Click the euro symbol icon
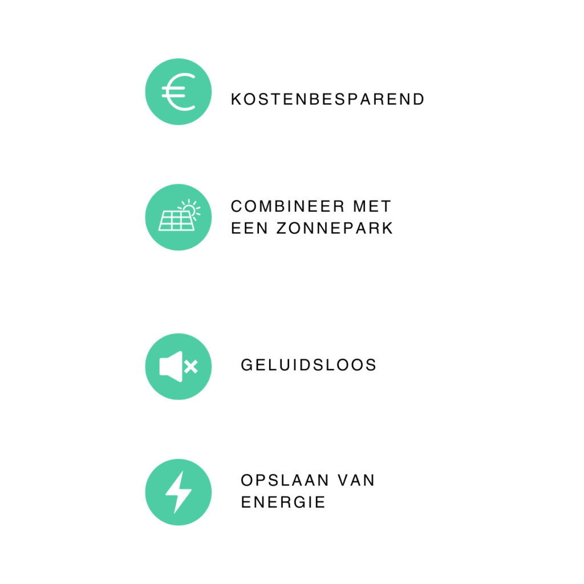[x=179, y=92]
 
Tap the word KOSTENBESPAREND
[x=328, y=99]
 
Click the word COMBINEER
[x=287, y=206]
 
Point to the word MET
[x=372, y=206]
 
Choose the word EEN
[x=249, y=228]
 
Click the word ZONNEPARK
[x=334, y=228]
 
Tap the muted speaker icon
[x=179, y=367]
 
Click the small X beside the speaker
[x=190, y=367]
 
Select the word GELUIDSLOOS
[x=309, y=365]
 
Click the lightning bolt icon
[x=179, y=492]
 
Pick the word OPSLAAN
[x=285, y=480]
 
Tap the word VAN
[x=356, y=480]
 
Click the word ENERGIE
[x=283, y=502]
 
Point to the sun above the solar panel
[x=190, y=209]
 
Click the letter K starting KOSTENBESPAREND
[x=236, y=99]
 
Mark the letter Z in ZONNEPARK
[x=282, y=228]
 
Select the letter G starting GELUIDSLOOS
[x=247, y=365]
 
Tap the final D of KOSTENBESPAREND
[x=419, y=99]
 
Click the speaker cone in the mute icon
[x=171, y=367]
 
